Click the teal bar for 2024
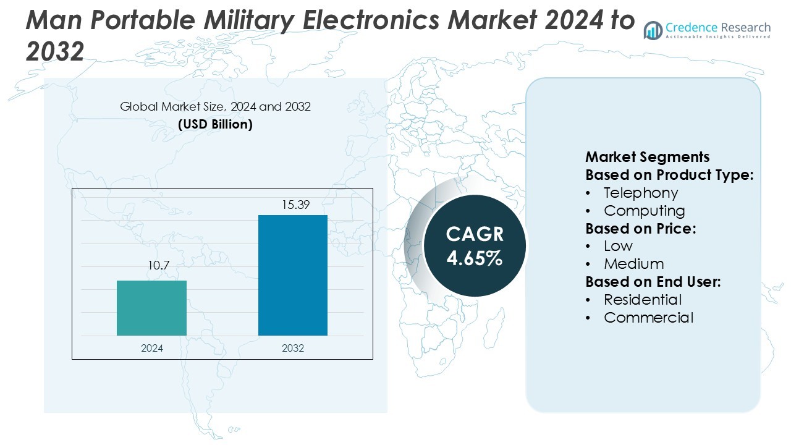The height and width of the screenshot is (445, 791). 151,308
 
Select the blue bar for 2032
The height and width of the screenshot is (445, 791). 292,276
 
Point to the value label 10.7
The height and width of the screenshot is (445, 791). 158,266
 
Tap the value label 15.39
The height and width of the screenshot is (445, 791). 295,205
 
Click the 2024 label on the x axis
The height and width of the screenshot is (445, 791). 152,348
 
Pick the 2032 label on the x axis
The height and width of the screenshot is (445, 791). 293,348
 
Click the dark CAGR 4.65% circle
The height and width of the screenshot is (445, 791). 475,245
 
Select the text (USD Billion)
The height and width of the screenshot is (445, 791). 215,124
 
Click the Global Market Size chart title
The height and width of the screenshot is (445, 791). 215,107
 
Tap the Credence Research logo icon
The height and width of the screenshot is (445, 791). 653,30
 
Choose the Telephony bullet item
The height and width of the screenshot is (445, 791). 641,193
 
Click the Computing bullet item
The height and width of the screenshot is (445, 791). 645,211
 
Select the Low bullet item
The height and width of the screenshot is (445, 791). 618,246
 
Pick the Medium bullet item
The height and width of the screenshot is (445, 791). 633,264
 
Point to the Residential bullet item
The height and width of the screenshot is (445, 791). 643,300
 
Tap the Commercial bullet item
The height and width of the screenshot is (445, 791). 648,318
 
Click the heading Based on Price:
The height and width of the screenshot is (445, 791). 641,229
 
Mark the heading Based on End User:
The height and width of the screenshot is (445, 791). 653,282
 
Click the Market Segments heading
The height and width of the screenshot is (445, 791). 647,157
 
